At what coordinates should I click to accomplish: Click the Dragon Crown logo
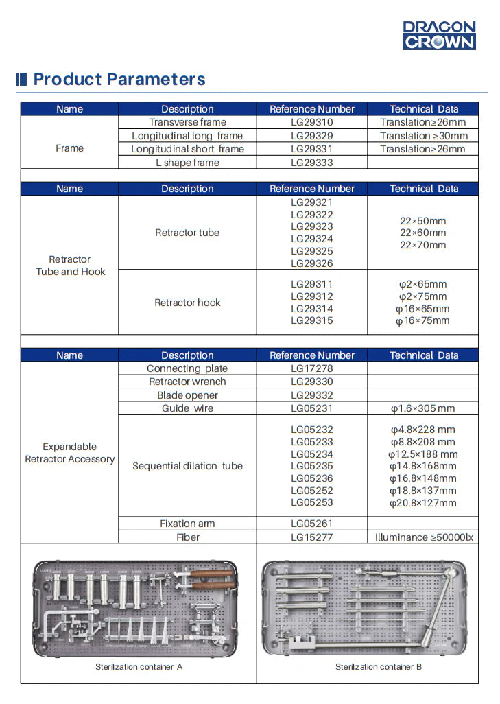point(439,35)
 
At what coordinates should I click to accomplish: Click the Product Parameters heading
point(119,79)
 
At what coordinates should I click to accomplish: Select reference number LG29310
point(311,122)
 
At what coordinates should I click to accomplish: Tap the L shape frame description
point(187,163)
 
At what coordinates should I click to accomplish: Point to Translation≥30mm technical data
point(423,136)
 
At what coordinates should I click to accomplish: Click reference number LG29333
point(311,163)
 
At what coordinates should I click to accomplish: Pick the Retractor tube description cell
point(187,233)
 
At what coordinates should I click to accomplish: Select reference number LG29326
point(311,263)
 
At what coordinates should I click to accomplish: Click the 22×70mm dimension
point(422,245)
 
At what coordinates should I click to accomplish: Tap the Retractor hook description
point(187,303)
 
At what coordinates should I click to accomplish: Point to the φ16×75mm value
point(422,321)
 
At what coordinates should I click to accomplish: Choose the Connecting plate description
point(187,368)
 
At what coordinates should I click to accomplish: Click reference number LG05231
point(311,408)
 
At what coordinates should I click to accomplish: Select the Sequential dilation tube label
point(187,466)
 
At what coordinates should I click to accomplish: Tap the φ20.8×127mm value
point(422,503)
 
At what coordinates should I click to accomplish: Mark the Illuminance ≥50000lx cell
point(423,537)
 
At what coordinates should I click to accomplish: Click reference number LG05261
point(311,524)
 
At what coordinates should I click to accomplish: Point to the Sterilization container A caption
point(139,667)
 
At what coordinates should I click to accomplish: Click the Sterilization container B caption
point(379,667)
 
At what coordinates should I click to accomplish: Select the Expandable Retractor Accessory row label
point(69,453)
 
